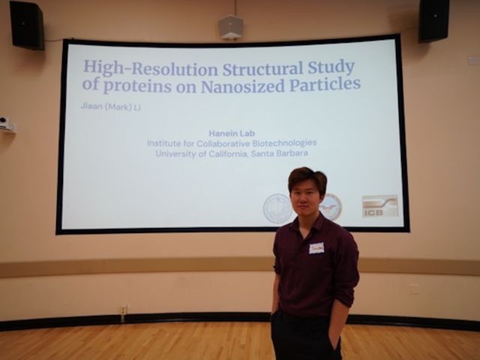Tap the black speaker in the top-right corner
[433, 19]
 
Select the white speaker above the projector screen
[230, 27]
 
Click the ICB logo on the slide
[379, 205]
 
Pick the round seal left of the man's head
[277, 208]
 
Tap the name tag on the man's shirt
[316, 247]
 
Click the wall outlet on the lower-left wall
[124, 308]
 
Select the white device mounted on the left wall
[5, 124]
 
